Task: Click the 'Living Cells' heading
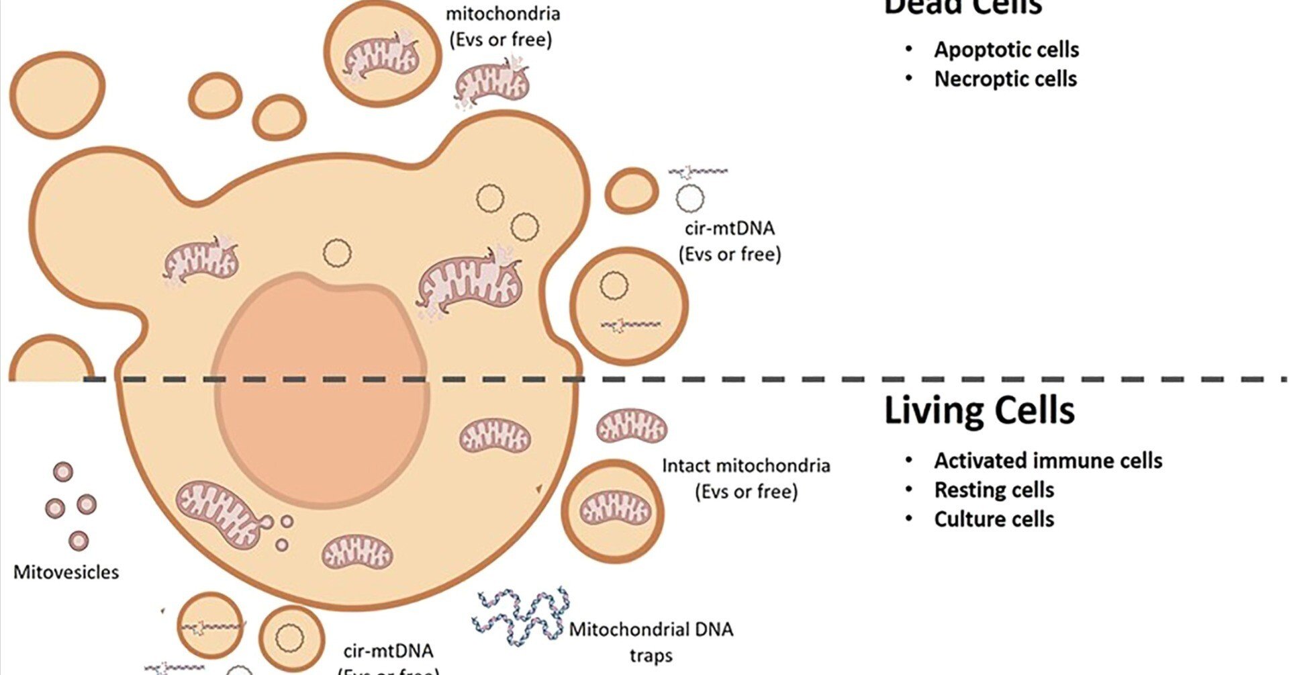pos(979,410)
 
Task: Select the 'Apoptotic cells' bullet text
pos(1006,50)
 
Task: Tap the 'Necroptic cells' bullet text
pos(1005,79)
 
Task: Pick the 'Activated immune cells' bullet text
pos(1048,461)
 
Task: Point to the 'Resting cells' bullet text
pos(994,490)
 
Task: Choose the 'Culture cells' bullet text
pos(994,519)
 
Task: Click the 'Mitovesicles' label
pos(66,572)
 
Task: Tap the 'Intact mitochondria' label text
pos(746,465)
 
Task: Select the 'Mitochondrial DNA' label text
pos(651,629)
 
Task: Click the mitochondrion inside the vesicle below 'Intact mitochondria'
pos(614,508)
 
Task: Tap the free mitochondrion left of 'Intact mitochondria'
pos(631,426)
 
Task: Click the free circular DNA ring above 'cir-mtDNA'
pos(689,197)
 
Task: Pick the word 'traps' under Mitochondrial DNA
pos(651,655)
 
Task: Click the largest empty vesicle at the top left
pos(57,95)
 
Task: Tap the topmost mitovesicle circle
pos(63,471)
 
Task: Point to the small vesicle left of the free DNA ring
pos(631,191)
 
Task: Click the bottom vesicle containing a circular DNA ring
pos(291,636)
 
